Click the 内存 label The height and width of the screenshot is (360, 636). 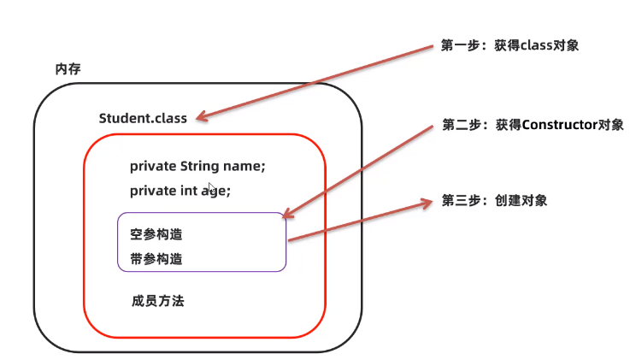[68, 68]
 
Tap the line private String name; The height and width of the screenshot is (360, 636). [197, 165]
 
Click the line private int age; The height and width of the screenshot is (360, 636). [180, 191]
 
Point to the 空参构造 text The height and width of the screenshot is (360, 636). [156, 234]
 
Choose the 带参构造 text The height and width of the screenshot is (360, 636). [156, 258]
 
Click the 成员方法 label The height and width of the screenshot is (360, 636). [158, 301]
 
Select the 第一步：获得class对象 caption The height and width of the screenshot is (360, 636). [509, 45]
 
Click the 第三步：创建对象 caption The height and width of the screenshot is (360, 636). [494, 201]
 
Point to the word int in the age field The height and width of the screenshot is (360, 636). [190, 191]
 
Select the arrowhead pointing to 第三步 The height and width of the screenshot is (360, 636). [427, 204]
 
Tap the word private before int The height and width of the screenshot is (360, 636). [153, 191]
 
